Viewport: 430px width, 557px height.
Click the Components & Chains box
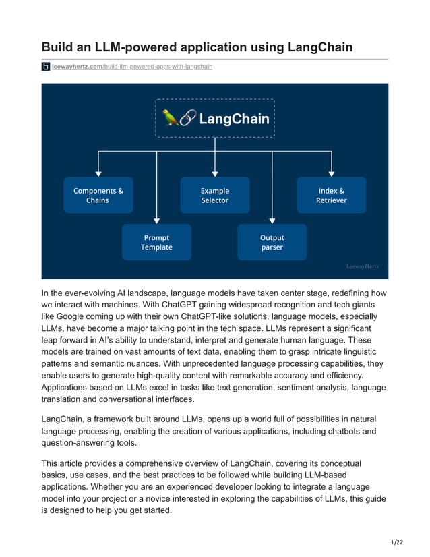pyautogui.click(x=98, y=196)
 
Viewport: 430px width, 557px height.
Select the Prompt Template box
pyautogui.click(x=156, y=242)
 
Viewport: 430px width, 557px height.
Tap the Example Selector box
pyautogui.click(x=214, y=196)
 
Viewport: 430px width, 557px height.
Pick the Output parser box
pyautogui.click(x=272, y=242)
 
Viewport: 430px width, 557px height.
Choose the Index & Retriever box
pyautogui.click(x=331, y=196)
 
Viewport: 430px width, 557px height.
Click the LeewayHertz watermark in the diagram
pyautogui.click(x=362, y=267)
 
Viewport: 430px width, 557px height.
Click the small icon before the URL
pyautogui.click(x=46, y=67)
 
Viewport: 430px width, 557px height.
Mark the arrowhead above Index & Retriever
pyautogui.click(x=331, y=173)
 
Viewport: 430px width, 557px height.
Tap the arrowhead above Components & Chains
pyautogui.click(x=98, y=173)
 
